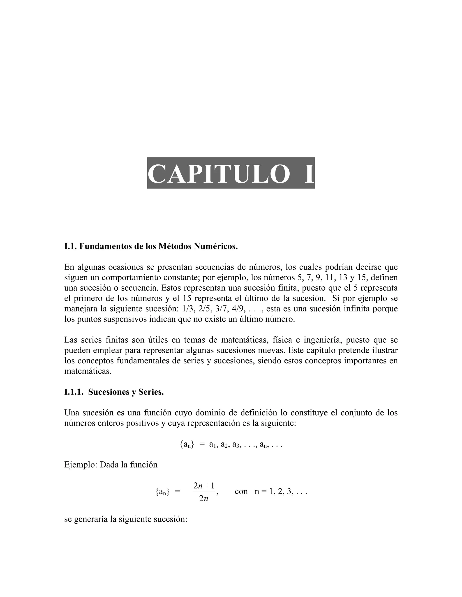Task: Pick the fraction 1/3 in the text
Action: pyautogui.click(x=187, y=309)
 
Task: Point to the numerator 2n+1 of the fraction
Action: pyautogui.click(x=204, y=486)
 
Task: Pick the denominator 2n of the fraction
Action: pyautogui.click(x=204, y=499)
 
